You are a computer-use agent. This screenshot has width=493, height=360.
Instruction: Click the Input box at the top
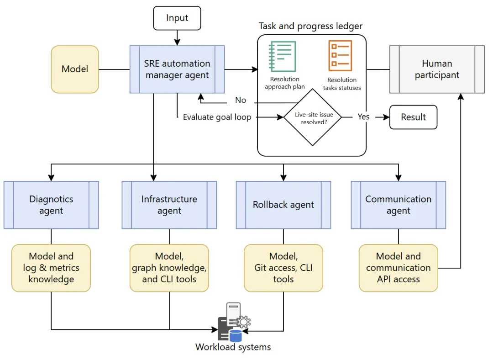pos(177,18)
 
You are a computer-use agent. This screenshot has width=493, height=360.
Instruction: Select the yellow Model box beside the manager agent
pos(75,69)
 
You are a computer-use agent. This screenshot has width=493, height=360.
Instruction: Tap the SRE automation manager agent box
pos(177,69)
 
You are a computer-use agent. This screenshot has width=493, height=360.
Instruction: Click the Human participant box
pos(437,69)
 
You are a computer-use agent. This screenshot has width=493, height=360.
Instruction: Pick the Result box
pos(413,117)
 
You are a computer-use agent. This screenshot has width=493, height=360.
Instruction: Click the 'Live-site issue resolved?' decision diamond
pos(313,117)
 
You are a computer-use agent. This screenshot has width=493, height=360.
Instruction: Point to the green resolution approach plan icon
pos(283,56)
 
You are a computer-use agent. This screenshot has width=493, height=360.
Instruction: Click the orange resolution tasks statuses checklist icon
pos(341,56)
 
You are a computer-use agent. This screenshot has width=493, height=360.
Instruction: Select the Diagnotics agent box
pos(51,205)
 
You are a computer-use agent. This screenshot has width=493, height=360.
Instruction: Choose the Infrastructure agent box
pos(169,205)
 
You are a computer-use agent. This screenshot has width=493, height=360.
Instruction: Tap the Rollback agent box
pos(283,205)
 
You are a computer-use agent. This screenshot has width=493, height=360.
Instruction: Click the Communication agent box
pos(399,205)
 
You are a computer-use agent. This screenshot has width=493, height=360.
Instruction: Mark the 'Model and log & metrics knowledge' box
pos(51,268)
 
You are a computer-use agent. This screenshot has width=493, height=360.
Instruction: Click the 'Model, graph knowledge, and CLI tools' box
pos(169,268)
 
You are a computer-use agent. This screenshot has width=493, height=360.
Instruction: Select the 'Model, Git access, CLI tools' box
pos(283,268)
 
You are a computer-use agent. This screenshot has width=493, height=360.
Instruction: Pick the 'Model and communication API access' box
pos(399,268)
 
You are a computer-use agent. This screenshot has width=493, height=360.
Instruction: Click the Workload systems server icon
pos(234,323)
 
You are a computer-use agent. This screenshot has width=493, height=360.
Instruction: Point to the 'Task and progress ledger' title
pos(311,26)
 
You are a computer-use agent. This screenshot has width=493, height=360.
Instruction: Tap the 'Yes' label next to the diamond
pos(363,117)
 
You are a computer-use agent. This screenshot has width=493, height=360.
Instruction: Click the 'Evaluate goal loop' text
pos(217,117)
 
